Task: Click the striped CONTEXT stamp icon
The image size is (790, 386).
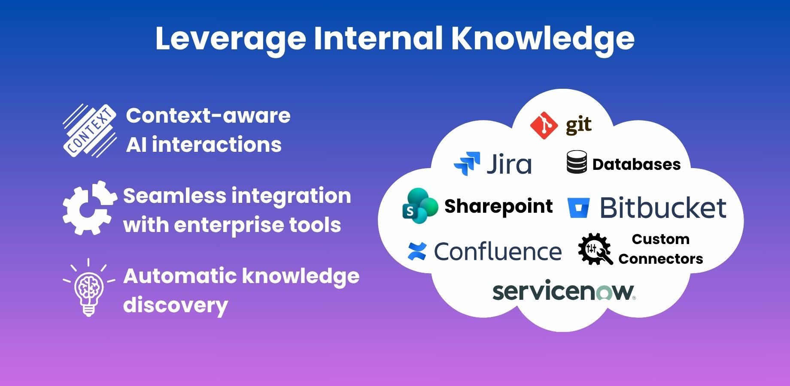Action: [x=90, y=130]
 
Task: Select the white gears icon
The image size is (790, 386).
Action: [x=90, y=208]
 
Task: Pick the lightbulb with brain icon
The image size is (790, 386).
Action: [x=89, y=288]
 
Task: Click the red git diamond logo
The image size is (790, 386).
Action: [x=544, y=125]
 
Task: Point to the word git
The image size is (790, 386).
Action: [x=579, y=126]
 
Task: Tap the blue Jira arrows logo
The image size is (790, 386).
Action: [x=467, y=164]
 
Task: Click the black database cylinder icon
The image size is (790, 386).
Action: [x=577, y=162]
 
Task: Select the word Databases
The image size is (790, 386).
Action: [x=636, y=164]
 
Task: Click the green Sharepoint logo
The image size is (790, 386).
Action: [x=420, y=205]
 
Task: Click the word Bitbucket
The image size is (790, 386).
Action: [x=663, y=208]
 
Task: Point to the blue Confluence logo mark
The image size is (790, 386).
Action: [x=417, y=251]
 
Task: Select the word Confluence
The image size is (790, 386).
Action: [x=498, y=251]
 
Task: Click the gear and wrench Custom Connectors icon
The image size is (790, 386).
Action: [x=595, y=249]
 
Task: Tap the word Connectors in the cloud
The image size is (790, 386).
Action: [x=661, y=259]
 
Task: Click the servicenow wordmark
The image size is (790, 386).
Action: [x=564, y=291]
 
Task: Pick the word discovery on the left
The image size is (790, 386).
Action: [x=176, y=306]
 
